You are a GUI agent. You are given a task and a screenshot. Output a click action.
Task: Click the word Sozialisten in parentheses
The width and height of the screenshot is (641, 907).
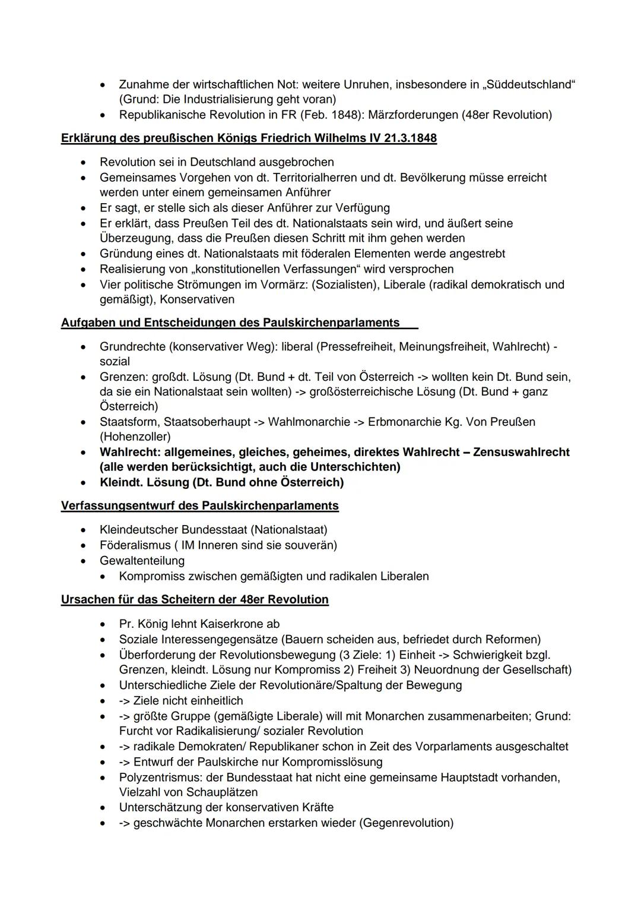pyautogui.click(x=344, y=285)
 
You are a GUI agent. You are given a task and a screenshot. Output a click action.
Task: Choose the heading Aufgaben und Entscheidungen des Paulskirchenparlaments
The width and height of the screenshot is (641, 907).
pyautogui.click(x=230, y=323)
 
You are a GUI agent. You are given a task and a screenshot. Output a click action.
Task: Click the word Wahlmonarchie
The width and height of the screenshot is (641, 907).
pyautogui.click(x=309, y=422)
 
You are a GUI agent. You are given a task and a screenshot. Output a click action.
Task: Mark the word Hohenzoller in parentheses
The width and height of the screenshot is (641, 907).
pyautogui.click(x=135, y=437)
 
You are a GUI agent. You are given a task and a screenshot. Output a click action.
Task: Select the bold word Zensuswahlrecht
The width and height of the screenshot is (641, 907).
pyautogui.click(x=521, y=452)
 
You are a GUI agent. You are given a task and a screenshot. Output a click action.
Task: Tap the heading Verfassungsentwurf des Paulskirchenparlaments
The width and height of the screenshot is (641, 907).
pyautogui.click(x=200, y=505)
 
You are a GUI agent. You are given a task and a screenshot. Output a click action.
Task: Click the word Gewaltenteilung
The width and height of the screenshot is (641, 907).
pyautogui.click(x=142, y=560)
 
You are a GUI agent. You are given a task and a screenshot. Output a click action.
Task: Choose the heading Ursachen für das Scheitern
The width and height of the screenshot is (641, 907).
pyautogui.click(x=195, y=599)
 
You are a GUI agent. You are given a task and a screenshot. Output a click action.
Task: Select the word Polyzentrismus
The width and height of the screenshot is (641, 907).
pyautogui.click(x=158, y=777)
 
